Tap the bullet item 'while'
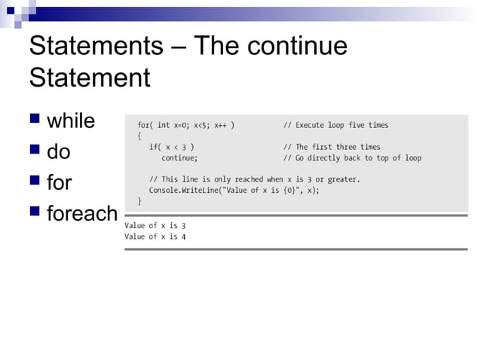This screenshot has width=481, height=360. click(x=71, y=121)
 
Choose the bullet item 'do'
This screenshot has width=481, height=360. click(x=59, y=152)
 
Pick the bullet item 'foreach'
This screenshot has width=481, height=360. click(x=82, y=214)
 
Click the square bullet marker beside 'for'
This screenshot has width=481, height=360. click(x=34, y=183)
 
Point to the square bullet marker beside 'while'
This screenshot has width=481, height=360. click(x=34, y=121)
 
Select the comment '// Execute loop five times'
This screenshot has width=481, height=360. click(x=335, y=125)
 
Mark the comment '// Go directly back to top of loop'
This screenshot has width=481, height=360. click(x=352, y=158)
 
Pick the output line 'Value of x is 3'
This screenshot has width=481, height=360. click(x=155, y=225)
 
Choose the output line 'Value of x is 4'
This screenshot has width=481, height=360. click(x=155, y=236)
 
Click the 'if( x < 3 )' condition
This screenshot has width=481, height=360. click(x=173, y=147)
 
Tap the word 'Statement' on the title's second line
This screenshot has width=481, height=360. click(x=89, y=78)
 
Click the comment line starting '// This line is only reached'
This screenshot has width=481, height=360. click(x=255, y=179)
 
